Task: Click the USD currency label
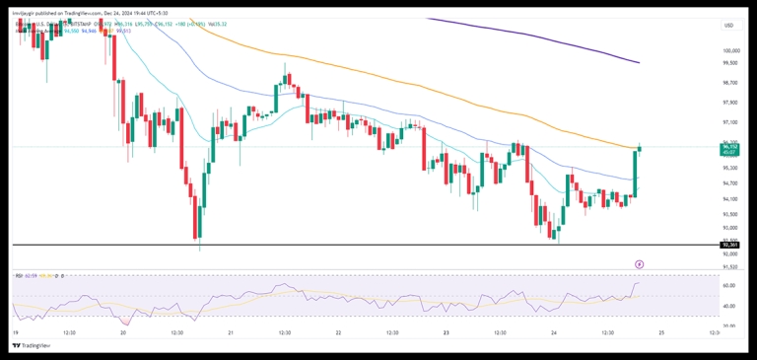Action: pyautogui.click(x=729, y=26)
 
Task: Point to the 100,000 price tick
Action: pyautogui.click(x=730, y=49)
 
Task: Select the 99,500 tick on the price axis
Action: pyautogui.click(x=730, y=63)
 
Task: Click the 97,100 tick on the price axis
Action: pyautogui.click(x=730, y=123)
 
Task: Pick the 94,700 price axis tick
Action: pyautogui.click(x=730, y=183)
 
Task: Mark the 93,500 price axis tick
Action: pyautogui.click(x=730, y=214)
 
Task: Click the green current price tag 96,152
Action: pyautogui.click(x=730, y=148)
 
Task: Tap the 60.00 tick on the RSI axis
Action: pyautogui.click(x=728, y=285)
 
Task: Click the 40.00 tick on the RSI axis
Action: pyautogui.click(x=728, y=306)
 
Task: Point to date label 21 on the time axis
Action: pyautogui.click(x=230, y=333)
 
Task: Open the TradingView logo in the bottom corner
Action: pyautogui.click(x=32, y=345)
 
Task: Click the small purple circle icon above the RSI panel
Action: pyautogui.click(x=640, y=264)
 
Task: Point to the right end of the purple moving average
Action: pyautogui.click(x=638, y=62)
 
